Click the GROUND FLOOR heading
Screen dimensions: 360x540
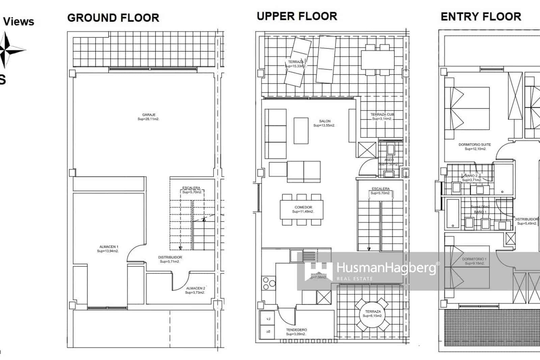(x=113, y=18)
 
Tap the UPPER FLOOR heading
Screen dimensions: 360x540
(x=297, y=16)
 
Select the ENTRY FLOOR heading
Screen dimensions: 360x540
(x=481, y=17)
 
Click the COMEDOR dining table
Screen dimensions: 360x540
(x=301, y=209)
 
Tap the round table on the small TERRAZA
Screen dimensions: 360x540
(x=373, y=314)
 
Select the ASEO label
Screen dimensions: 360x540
(x=389, y=160)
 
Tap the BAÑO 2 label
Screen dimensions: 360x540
(x=471, y=176)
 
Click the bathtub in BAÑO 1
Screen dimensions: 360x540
(x=453, y=213)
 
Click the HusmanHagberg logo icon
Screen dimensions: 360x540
(x=318, y=271)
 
